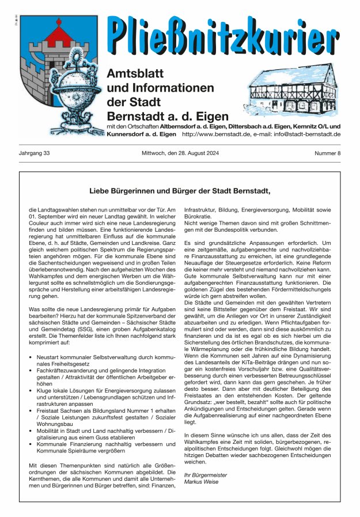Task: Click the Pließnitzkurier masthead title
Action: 223,36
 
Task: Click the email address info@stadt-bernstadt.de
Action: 302,134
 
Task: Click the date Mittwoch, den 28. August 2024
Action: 180,153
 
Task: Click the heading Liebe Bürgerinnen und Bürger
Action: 180,190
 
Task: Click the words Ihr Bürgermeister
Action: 205,475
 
